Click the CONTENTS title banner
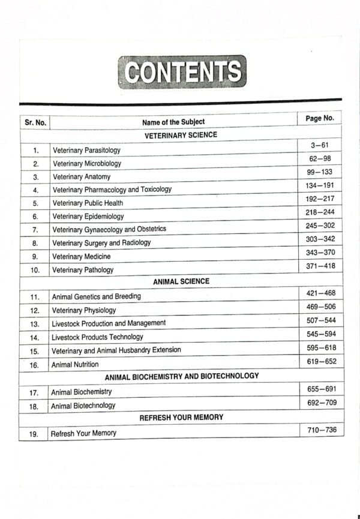click(x=182, y=72)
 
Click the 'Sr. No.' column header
click(x=35, y=122)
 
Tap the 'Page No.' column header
click(x=319, y=118)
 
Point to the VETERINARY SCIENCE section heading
click(x=181, y=136)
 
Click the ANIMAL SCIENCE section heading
click(x=181, y=281)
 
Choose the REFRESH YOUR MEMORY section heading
click(x=181, y=417)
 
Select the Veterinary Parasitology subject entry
click(x=86, y=150)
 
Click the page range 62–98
click(x=319, y=158)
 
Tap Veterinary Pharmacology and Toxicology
click(x=112, y=190)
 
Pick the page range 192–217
click(x=319, y=199)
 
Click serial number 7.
click(x=35, y=230)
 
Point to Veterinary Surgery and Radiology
click(x=101, y=243)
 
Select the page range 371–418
click(x=320, y=266)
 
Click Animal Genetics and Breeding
click(x=96, y=296)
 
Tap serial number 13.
click(x=35, y=324)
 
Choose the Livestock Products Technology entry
click(x=97, y=337)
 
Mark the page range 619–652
click(x=320, y=362)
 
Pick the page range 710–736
click(x=321, y=430)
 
